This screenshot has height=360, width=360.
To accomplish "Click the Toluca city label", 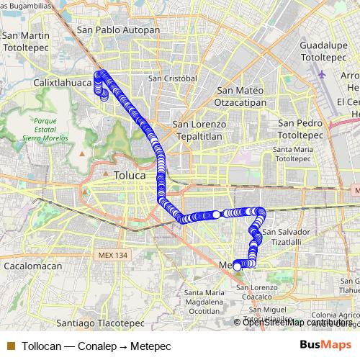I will (130, 174).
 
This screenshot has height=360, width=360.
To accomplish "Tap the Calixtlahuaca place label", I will (63, 83).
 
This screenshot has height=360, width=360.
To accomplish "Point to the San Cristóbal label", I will (173, 78).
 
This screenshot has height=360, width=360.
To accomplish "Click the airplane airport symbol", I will (321, 73).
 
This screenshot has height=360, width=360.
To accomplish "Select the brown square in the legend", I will (10, 345).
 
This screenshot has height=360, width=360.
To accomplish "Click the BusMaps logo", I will (326, 344).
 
